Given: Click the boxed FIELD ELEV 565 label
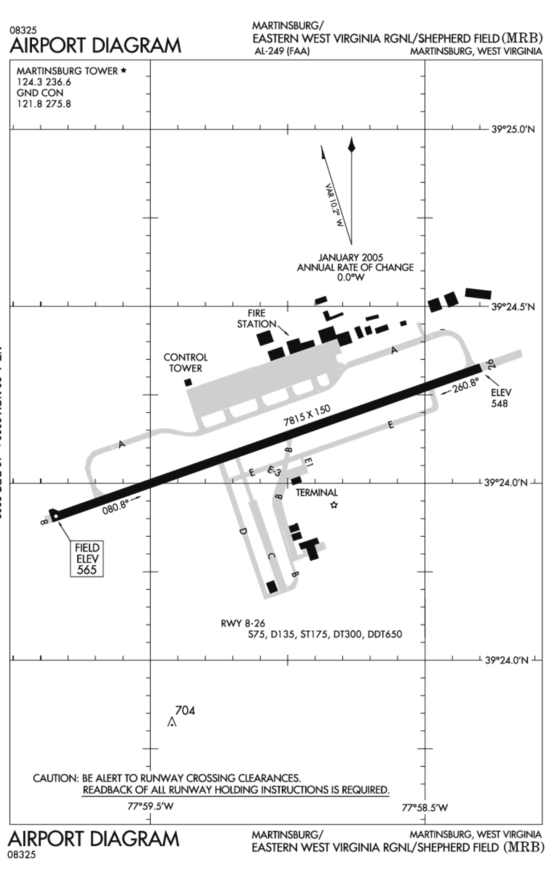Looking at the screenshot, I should click(87, 558).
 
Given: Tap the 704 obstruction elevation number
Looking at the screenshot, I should click(185, 711).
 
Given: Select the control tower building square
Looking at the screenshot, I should click(188, 382).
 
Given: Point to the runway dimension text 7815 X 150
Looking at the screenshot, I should click(307, 415).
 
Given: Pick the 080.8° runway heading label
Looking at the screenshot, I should click(115, 506).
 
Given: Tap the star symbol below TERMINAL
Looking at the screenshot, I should click(334, 505).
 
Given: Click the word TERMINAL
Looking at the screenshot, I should click(316, 493).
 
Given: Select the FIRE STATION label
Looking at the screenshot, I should click(256, 319).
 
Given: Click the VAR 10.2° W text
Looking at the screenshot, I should click(334, 206).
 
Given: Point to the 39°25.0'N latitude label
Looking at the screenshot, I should click(513, 129).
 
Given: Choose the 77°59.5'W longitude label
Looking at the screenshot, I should click(150, 806).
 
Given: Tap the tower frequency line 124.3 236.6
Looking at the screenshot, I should click(44, 82).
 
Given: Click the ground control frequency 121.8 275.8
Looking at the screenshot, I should click(44, 104).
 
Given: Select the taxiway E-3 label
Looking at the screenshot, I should click(274, 471).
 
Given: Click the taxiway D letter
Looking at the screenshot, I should click(242, 532).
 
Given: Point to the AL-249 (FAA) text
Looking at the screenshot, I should click(282, 51).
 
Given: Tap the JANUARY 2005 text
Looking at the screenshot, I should click(351, 258).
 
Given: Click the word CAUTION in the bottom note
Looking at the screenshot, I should click(56, 778).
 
